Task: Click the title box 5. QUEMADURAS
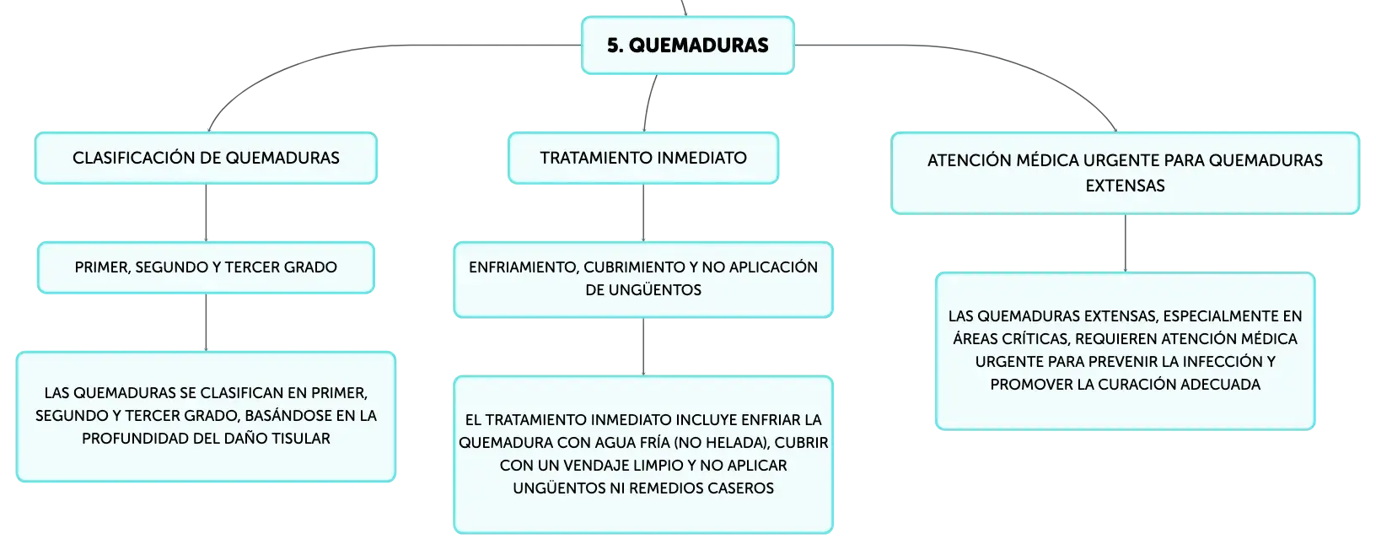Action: [x=687, y=46]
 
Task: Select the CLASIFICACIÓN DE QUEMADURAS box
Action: [x=206, y=158]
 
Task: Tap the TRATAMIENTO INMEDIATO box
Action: [x=643, y=158]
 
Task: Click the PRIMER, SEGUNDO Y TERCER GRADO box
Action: [x=206, y=267]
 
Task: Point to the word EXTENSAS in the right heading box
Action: [x=1125, y=186]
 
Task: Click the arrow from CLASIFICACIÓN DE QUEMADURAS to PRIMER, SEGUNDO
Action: [x=206, y=213]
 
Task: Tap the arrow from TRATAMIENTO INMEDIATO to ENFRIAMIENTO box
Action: [x=643, y=213]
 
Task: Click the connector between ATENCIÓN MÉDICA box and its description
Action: [x=1126, y=243]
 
